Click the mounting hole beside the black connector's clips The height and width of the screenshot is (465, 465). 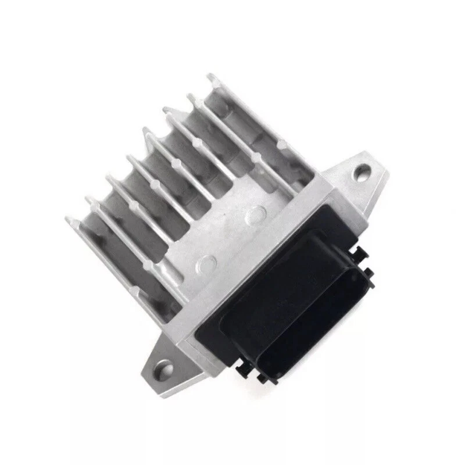pyautogui.click(x=362, y=171)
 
